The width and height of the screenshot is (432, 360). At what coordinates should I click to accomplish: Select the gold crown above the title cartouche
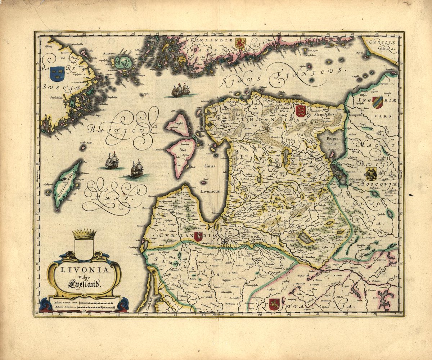click(x=84, y=234)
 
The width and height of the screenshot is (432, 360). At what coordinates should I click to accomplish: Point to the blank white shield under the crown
click(x=84, y=249)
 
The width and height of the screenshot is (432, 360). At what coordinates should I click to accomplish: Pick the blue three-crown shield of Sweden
click(x=57, y=73)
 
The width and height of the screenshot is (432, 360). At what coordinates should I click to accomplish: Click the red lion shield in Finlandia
click(x=240, y=44)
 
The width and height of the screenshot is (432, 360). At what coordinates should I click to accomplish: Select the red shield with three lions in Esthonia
click(x=300, y=111)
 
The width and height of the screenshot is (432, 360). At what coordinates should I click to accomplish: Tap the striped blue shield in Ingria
click(x=377, y=102)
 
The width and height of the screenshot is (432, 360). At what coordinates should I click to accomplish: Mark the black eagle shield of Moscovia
click(x=371, y=174)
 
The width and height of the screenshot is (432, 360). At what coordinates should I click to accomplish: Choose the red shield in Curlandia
click(x=198, y=237)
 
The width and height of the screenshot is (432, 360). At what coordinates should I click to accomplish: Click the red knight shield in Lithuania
click(x=274, y=304)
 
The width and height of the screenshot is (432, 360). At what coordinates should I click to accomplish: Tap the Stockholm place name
click(x=59, y=97)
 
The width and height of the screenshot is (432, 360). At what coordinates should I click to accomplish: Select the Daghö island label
click(x=179, y=123)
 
